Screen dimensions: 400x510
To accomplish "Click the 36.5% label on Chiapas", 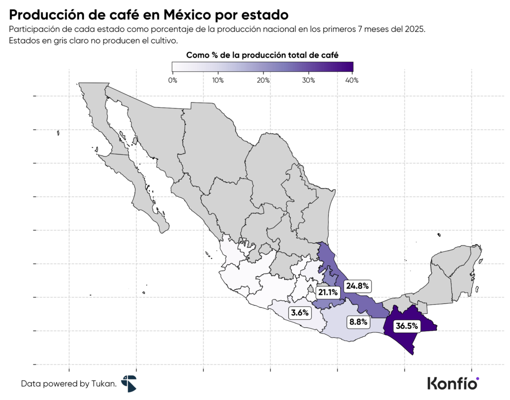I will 406,326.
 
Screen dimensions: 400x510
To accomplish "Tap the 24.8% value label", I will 358,286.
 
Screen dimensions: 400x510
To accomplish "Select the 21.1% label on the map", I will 329,292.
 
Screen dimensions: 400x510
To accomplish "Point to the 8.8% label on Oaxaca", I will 358,322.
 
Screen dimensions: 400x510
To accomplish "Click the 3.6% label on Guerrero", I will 300,313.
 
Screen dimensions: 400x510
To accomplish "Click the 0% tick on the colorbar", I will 172,80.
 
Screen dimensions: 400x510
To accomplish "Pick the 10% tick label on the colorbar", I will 218,80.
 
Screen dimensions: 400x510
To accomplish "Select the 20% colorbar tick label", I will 263,80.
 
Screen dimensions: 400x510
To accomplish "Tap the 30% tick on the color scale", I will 308,80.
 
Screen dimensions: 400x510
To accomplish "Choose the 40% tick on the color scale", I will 353,80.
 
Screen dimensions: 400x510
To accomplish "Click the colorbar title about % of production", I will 262,55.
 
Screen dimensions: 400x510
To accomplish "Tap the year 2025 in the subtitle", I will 414,29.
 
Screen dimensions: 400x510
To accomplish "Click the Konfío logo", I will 453,383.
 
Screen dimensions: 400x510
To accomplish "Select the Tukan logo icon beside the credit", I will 128,383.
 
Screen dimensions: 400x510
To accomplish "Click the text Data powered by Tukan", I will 69,384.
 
